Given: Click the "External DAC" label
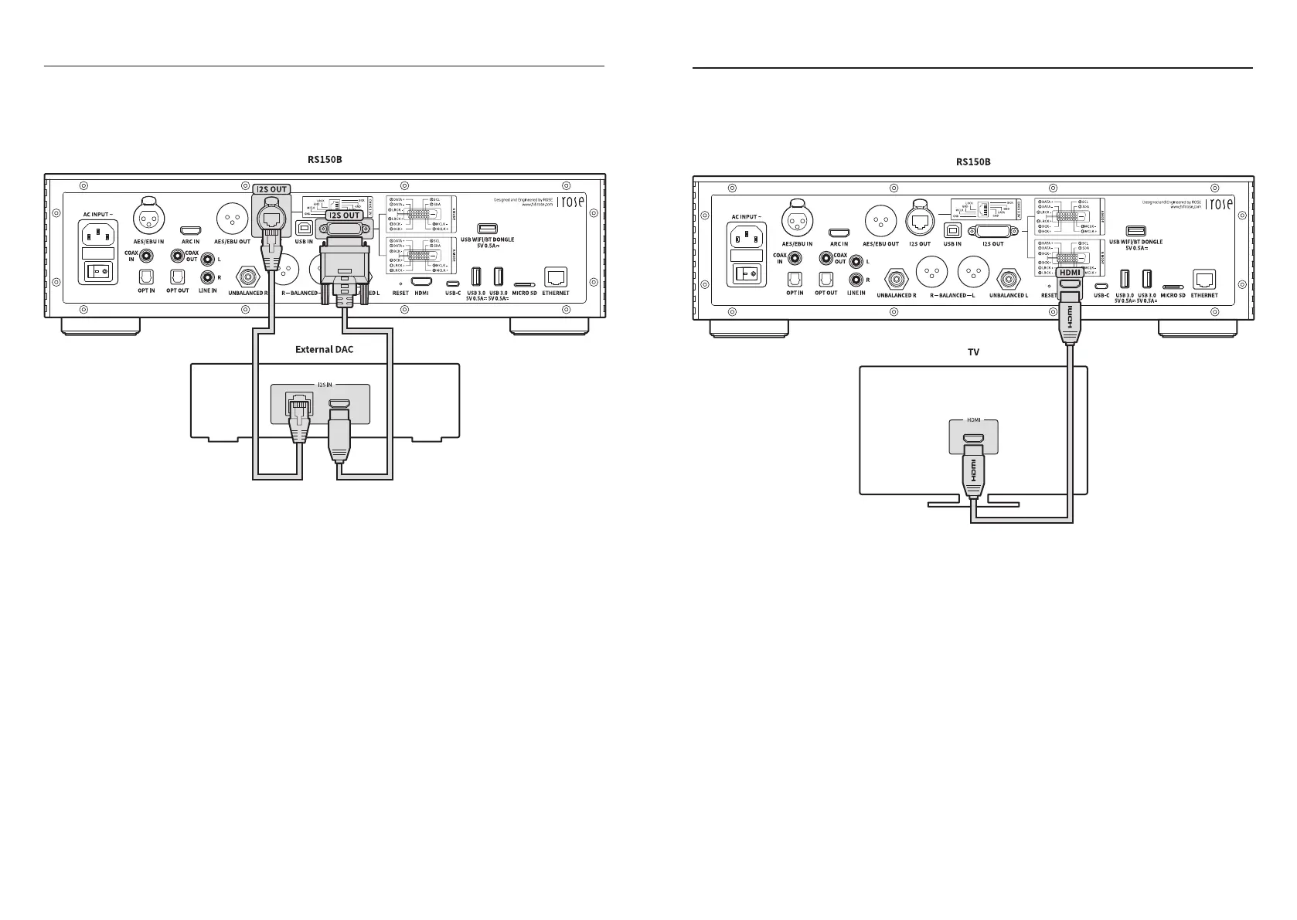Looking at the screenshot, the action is pyautogui.click(x=324, y=349).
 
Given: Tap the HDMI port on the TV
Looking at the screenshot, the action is pyautogui.click(x=973, y=441).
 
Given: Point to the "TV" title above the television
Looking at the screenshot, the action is pyautogui.click(x=973, y=352).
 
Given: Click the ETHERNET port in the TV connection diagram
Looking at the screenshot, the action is pyautogui.click(x=1204, y=279).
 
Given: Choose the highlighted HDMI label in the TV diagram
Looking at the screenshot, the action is pyautogui.click(x=1070, y=273).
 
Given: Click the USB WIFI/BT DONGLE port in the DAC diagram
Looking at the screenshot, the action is pyautogui.click(x=487, y=229).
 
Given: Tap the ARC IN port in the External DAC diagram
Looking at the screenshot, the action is pyautogui.click(x=190, y=231).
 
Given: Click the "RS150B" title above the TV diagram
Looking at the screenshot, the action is pyautogui.click(x=973, y=161).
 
